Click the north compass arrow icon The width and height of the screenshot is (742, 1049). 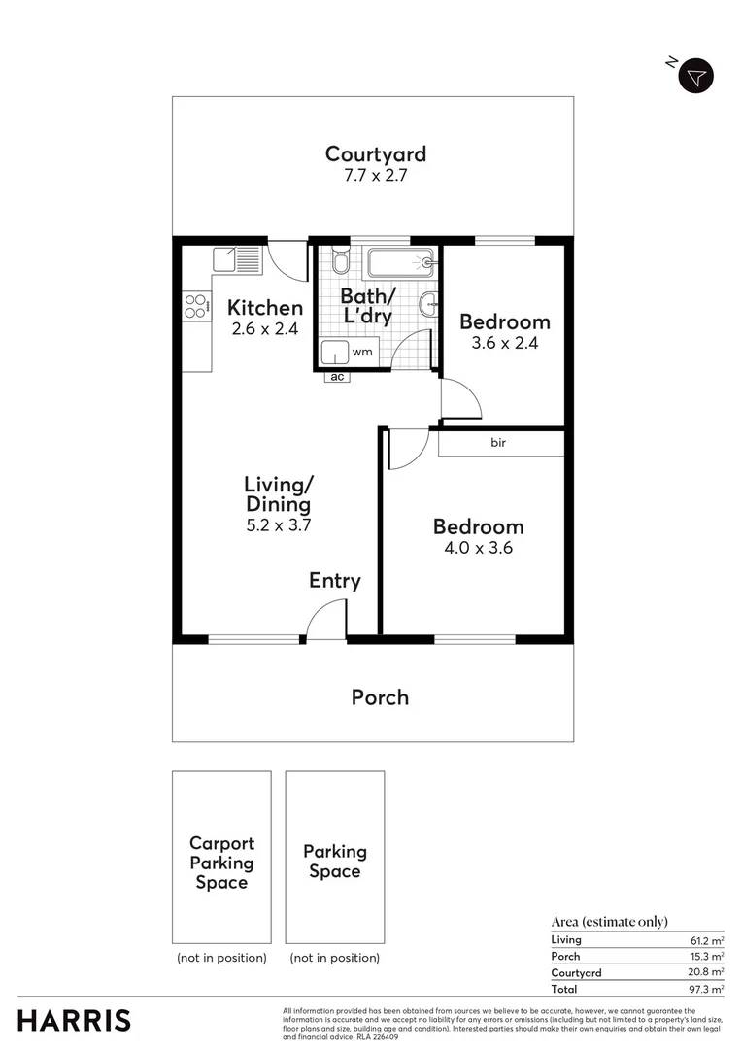tap(695, 76)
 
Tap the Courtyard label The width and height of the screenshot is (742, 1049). tap(375, 153)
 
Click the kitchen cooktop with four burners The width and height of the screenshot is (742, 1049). tap(195, 306)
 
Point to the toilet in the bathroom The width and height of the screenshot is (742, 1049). tap(340, 262)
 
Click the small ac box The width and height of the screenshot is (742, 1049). tap(337, 377)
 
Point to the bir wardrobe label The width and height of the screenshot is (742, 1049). tap(498, 443)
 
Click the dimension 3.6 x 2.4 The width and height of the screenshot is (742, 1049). tap(504, 343)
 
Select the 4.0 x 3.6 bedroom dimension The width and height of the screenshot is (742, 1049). tap(478, 548)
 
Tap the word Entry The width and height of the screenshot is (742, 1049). tap(334, 581)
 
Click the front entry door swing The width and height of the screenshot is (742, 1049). tap(327, 619)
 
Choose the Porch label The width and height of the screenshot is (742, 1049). tap(380, 697)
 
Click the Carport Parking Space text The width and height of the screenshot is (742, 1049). tap(221, 863)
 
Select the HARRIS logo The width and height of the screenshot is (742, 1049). tap(74, 1021)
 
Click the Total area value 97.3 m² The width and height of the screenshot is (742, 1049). tap(706, 989)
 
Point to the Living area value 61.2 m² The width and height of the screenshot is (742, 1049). tap(706, 940)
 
